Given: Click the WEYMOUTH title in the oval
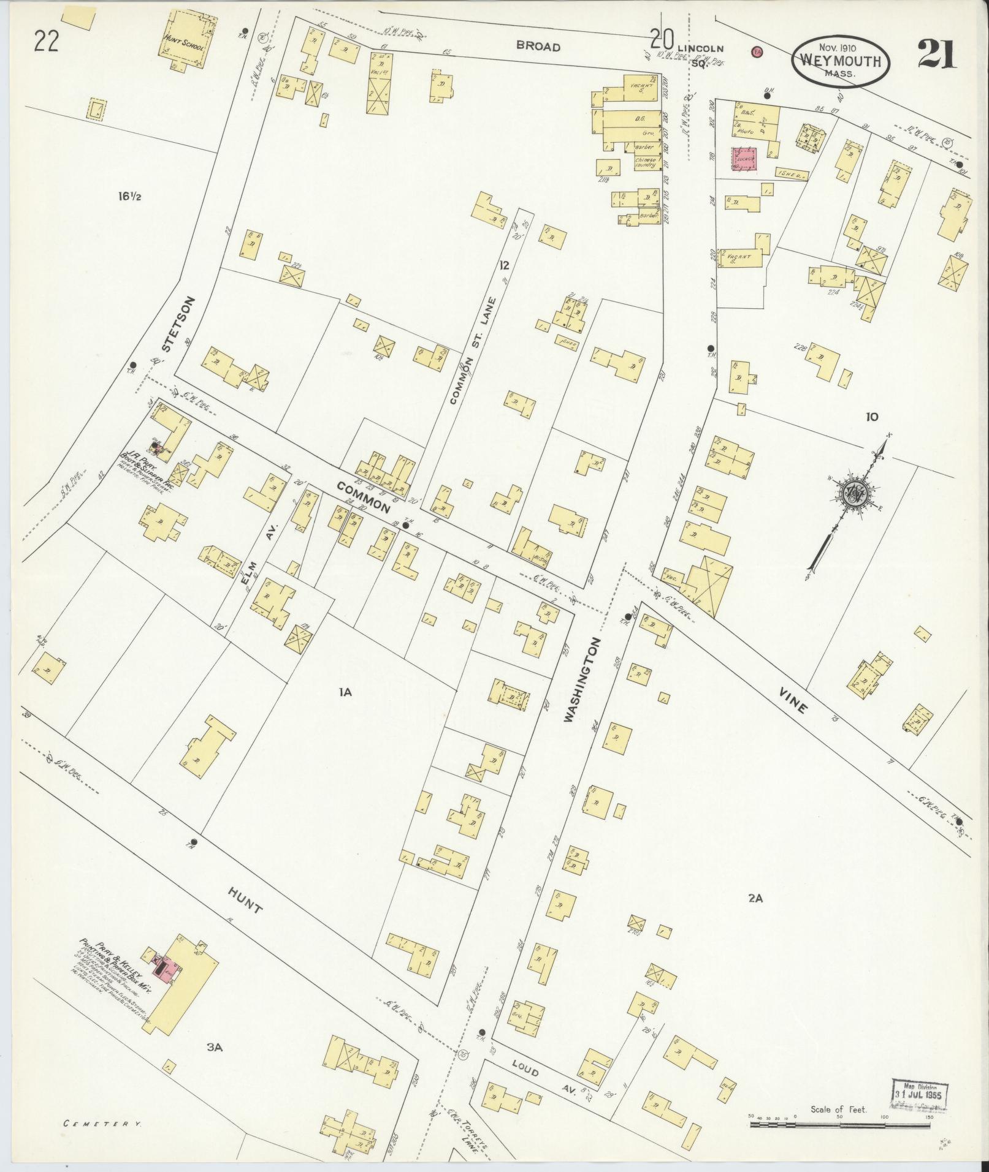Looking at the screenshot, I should [839, 61].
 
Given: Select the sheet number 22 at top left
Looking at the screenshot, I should [47, 42].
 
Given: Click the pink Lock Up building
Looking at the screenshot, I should [746, 159].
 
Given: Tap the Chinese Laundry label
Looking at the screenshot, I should [646, 162].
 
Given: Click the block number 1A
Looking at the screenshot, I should [345, 692].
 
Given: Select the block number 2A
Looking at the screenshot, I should [755, 899].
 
